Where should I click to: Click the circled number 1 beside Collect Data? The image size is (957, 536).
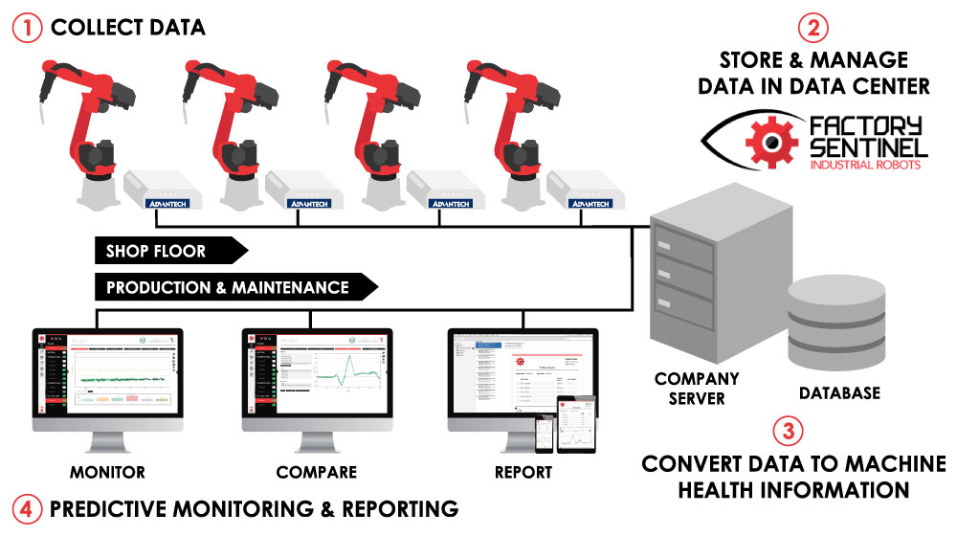pos(27,27)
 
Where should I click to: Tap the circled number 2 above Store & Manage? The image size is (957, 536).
pos(813,27)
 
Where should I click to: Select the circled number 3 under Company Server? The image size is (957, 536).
pos(787,430)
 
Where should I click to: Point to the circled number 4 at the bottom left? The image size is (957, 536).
pos(27,508)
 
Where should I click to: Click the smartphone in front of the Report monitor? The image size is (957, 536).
pos(547,435)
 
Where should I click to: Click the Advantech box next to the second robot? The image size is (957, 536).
pos(301,190)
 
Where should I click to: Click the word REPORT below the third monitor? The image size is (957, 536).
pos(523,472)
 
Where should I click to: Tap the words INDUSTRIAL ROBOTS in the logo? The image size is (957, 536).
pos(867,166)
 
